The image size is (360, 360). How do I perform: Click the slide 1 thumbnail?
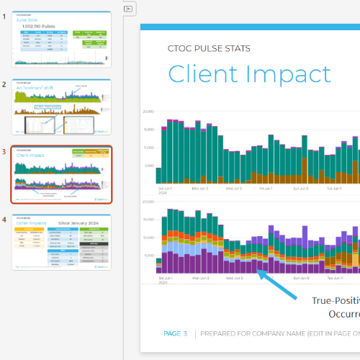click(61, 39)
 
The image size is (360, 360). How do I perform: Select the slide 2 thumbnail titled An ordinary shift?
click(61, 107)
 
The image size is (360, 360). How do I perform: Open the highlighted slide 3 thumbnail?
click(61, 175)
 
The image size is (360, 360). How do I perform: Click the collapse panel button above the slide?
click(129, 9)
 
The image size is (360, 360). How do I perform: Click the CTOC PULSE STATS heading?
click(209, 49)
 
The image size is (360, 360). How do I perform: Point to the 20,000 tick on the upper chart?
click(149, 112)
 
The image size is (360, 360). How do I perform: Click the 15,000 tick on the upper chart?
click(149, 130)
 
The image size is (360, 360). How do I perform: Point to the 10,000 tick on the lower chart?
click(149, 238)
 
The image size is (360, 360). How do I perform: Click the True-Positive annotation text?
click(335, 301)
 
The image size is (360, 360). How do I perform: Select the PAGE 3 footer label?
click(176, 333)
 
